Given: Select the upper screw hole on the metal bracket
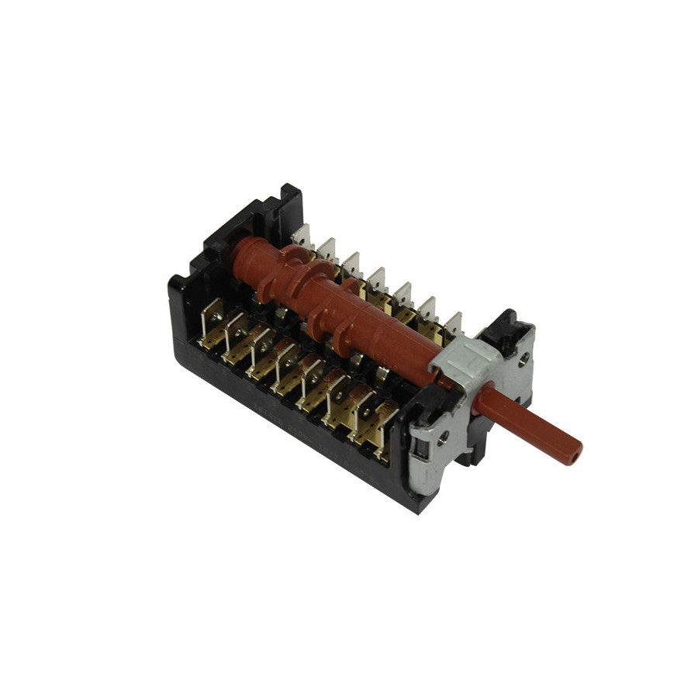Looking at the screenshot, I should (524, 358).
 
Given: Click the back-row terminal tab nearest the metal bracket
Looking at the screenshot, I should (453, 323).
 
